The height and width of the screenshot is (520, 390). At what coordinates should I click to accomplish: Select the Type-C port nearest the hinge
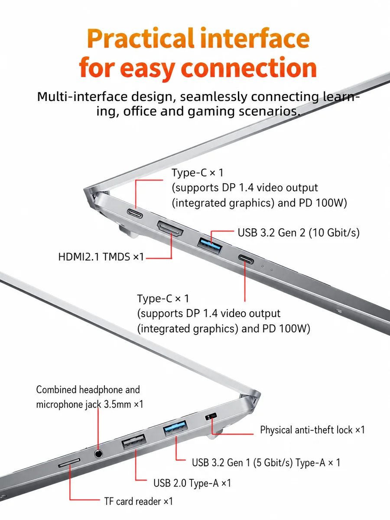point(135,213)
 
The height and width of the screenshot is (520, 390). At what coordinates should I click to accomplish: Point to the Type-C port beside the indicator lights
point(246,259)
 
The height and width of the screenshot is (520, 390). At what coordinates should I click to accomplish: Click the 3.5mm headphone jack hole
point(98,454)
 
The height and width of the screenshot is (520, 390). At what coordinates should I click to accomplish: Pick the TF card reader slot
point(69,462)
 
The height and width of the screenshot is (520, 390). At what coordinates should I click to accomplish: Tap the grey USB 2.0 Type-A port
point(133,441)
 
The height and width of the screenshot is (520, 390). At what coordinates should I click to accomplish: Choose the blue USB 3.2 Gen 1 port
point(175,428)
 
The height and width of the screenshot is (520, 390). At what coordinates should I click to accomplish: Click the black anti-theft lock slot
point(211,416)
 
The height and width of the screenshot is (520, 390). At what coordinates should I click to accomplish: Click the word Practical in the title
point(141,39)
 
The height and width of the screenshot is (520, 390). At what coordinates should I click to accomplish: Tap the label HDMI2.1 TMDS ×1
point(101,257)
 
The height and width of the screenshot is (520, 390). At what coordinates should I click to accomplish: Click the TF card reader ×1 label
point(139,501)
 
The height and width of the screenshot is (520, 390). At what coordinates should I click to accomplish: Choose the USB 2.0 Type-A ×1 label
point(192,483)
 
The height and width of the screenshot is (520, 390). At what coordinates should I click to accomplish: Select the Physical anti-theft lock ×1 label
point(312,430)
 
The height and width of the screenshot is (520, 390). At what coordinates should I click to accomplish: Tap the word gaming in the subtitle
point(211,111)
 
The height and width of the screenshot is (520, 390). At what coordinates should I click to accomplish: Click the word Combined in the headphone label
point(56,390)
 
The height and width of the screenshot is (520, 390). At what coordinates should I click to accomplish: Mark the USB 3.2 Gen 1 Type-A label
point(266,462)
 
